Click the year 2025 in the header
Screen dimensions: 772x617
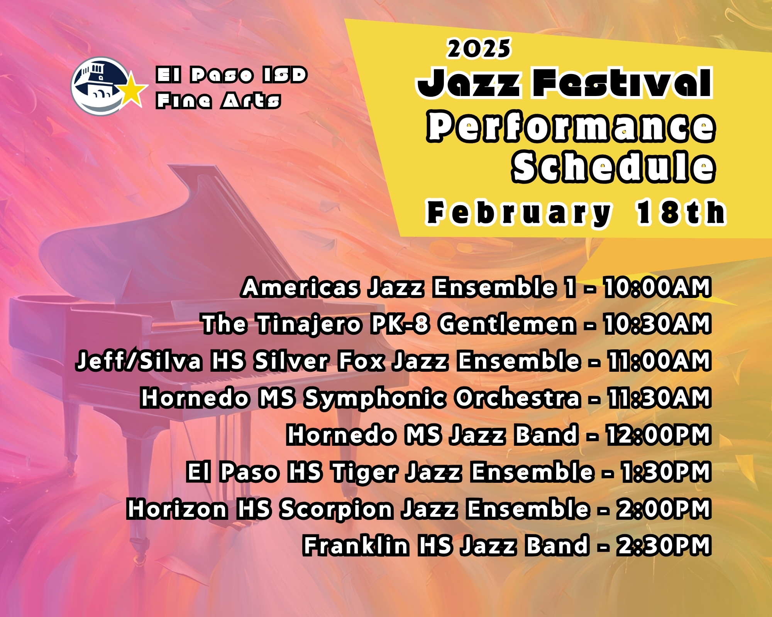pos(479,49)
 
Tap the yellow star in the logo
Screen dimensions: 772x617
pos(132,89)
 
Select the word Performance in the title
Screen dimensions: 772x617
pos(571,127)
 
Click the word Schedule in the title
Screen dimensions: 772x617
pos(614,167)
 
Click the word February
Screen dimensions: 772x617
pos(519,212)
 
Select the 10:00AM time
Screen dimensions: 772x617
pos(657,287)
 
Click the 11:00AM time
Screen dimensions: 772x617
pos(659,361)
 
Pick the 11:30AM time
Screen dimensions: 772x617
pos(659,398)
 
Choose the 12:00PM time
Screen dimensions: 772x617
pos(659,435)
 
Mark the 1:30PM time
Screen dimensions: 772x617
pos(666,472)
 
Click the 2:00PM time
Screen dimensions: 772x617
pos(664,509)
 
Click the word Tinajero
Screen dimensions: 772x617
pos(309,325)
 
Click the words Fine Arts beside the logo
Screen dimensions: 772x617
pos(218,101)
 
